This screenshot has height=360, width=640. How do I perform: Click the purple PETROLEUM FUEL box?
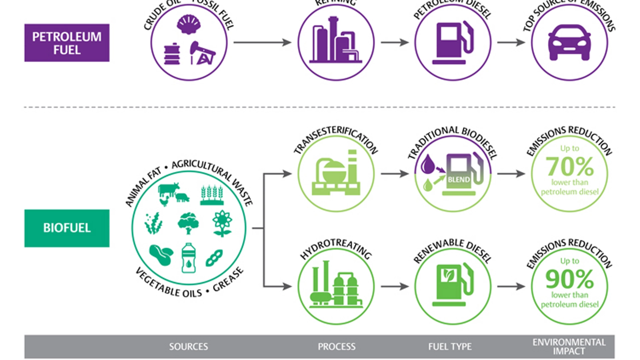[67, 43]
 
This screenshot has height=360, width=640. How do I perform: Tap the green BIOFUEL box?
[67, 228]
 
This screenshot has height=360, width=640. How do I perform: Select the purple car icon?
[569, 43]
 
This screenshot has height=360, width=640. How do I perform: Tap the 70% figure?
[569, 167]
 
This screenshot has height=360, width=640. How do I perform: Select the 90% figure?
[569, 279]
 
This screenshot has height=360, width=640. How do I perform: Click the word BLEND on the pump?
[459, 180]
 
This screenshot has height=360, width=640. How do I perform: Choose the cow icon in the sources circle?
[169, 190]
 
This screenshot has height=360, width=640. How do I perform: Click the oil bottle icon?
[189, 258]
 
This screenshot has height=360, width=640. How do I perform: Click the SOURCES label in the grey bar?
[188, 347]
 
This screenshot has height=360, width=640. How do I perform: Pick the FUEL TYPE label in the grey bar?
[450, 347]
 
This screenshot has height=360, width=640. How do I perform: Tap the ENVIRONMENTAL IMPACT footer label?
[569, 347]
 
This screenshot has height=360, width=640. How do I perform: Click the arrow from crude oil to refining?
[262, 42]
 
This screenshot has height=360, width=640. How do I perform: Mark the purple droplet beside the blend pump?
[428, 164]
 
